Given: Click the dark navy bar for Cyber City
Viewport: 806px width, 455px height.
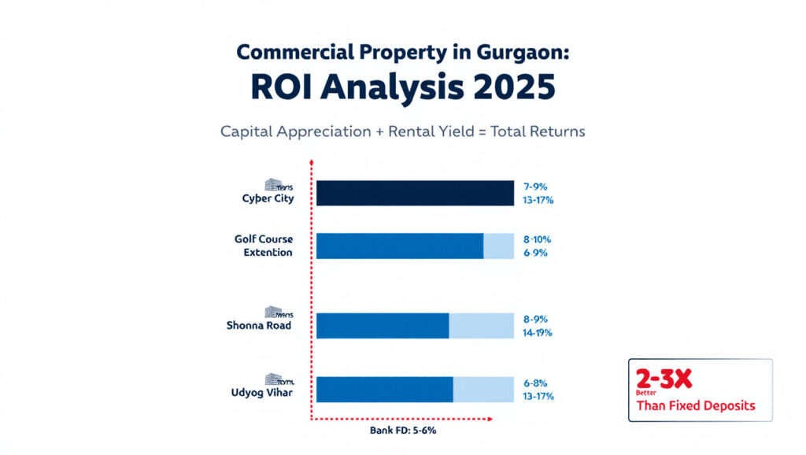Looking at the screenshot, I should pos(414,194).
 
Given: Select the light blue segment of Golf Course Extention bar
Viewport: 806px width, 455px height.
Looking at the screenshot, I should pos(497,246).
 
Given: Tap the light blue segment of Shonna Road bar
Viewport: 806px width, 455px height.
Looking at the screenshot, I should pos(480,325).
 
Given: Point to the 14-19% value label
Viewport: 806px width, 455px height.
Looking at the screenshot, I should pos(538,332).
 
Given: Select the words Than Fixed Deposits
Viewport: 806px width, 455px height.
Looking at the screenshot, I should pos(695,406).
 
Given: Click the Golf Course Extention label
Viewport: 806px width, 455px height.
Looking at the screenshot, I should pos(263,246).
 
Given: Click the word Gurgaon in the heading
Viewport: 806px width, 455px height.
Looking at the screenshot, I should pos(520,54).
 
